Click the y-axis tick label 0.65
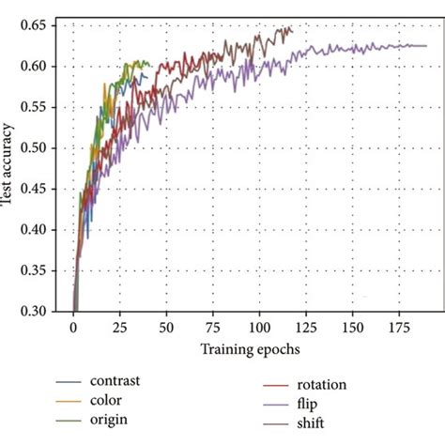tap(43, 25)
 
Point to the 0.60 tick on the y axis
tap(43, 66)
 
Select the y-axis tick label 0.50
tap(43, 147)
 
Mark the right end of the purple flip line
tap(426, 45)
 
